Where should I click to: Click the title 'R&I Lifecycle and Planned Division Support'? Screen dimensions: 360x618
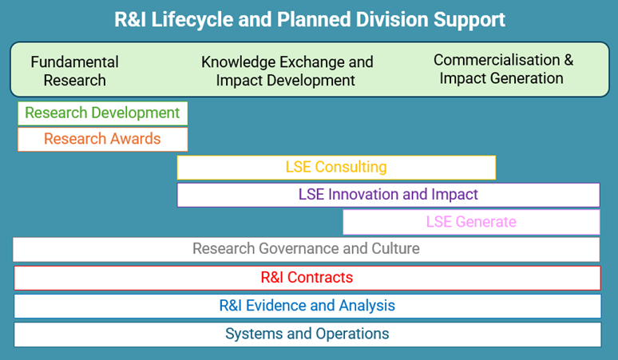(309, 19)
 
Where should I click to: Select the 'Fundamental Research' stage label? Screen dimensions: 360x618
(74, 71)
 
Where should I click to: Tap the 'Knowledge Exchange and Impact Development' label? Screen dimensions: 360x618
(287, 71)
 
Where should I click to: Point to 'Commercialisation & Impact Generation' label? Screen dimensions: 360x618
(503, 69)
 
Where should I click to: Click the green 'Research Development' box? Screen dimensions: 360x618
(102, 113)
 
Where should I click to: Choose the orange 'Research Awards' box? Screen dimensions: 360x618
(102, 139)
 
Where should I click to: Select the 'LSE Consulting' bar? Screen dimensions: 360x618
(336, 167)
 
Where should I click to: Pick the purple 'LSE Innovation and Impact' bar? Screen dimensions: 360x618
(388, 195)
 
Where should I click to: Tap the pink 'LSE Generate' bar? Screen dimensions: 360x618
(471, 222)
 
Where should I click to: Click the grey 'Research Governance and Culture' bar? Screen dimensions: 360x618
(306, 249)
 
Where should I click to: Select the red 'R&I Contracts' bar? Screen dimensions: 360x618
(307, 278)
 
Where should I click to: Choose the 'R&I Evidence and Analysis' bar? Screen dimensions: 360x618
(307, 306)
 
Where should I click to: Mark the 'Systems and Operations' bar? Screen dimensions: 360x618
(307, 334)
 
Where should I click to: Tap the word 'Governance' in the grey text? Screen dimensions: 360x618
(295, 249)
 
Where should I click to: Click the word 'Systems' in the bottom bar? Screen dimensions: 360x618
(252, 334)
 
